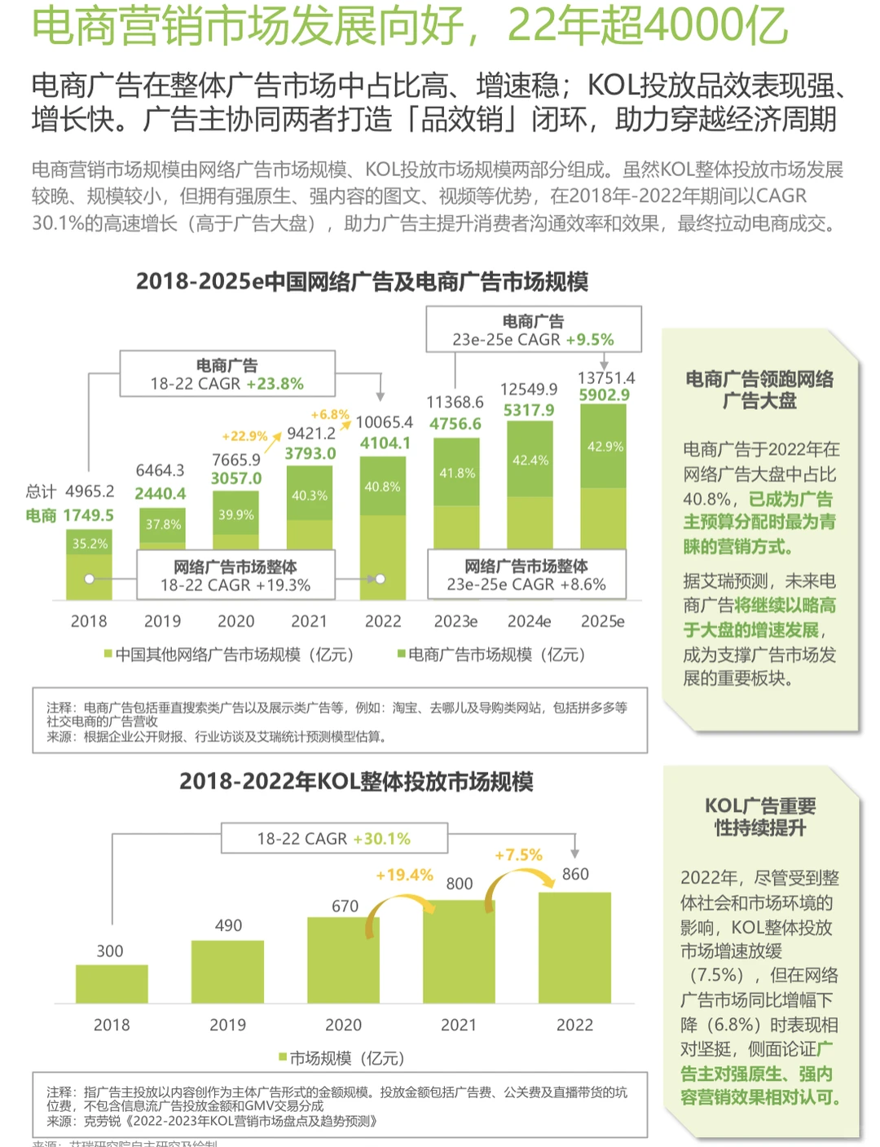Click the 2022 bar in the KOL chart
pos(574,947)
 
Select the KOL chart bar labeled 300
pos(112,984)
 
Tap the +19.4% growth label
pos(404,875)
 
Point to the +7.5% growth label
pos(518,854)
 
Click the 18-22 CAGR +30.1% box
pos(334,838)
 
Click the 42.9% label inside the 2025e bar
pos(605,447)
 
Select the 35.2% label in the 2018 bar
pos(90,544)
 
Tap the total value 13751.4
pos(605,377)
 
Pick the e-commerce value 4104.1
pos(385,443)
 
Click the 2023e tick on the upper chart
pos(455,621)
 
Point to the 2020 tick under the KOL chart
pos(343,1025)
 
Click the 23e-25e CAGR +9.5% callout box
pos(534,330)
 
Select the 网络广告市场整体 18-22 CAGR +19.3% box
pos(235,576)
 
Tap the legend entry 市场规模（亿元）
pos(342,1058)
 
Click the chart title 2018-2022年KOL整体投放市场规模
pos(356,781)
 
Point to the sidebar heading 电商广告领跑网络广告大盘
pos(759,390)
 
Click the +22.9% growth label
pos(244,436)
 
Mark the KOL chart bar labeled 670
pos(343,960)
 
